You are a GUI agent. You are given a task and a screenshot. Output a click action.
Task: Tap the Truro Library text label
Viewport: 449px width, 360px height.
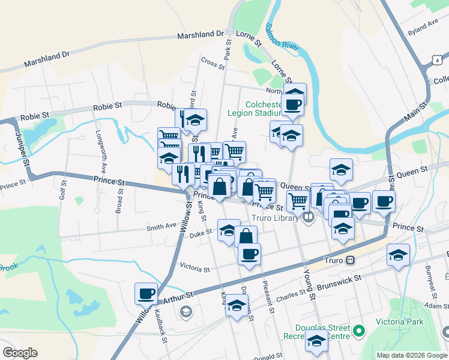pos(276,218)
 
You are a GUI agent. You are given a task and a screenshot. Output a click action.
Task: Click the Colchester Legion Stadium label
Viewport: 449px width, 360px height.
pos(255,107)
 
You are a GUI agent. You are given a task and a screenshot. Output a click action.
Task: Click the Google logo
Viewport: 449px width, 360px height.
pos(20,353)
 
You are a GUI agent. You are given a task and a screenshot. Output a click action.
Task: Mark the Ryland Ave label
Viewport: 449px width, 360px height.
pos(422,26)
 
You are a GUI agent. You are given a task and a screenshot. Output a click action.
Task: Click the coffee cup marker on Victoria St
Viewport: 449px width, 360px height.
pos(249,253)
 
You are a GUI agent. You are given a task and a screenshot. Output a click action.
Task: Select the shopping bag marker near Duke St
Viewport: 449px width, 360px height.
pos(246,236)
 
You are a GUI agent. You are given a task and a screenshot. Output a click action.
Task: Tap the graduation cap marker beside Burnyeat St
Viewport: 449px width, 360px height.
pos(398,256)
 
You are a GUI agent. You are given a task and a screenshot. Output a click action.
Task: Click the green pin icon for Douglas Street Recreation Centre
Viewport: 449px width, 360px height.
pos(359,331)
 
